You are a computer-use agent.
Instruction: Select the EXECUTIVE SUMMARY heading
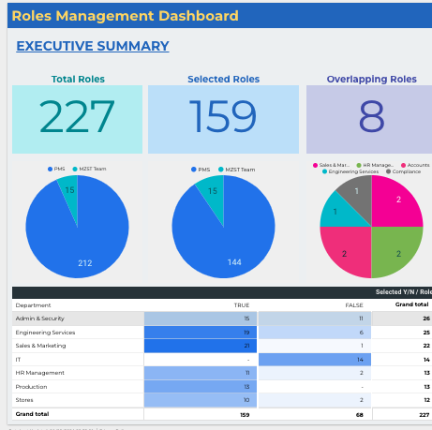point(93,46)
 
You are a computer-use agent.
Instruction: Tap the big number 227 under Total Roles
point(77,118)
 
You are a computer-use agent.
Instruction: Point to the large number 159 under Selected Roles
point(222,118)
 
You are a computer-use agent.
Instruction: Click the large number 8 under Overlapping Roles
point(371,118)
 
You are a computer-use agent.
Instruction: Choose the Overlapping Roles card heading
point(371,80)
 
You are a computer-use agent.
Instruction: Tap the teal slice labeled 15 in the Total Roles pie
point(68,194)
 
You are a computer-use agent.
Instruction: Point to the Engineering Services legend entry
point(352,171)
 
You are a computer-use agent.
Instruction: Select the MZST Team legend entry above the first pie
point(92,170)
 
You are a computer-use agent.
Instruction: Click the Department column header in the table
point(34,305)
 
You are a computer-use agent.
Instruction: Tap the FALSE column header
point(353,305)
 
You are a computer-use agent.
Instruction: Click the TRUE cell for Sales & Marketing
point(200,346)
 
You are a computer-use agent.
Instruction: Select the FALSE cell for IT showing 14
point(314,360)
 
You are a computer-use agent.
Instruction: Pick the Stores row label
point(25,400)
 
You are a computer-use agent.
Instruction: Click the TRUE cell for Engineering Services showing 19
point(200,333)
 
